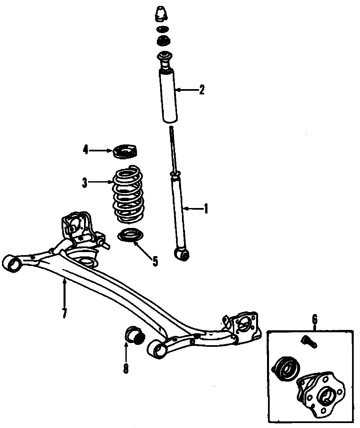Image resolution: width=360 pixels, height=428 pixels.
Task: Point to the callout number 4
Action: [85, 150]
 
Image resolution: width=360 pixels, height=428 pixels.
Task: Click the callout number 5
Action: [155, 261]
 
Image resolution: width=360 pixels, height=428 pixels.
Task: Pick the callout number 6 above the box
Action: [314, 320]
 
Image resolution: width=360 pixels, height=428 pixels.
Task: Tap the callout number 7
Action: [65, 313]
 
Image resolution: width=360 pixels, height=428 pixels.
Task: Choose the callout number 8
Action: [126, 368]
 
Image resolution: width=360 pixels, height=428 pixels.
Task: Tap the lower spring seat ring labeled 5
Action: [131, 236]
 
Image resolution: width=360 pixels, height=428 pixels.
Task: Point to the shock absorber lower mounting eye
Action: [182, 254]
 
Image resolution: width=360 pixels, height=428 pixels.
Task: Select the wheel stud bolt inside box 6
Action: [309, 342]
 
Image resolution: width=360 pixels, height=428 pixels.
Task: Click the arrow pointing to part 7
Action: [65, 292]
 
